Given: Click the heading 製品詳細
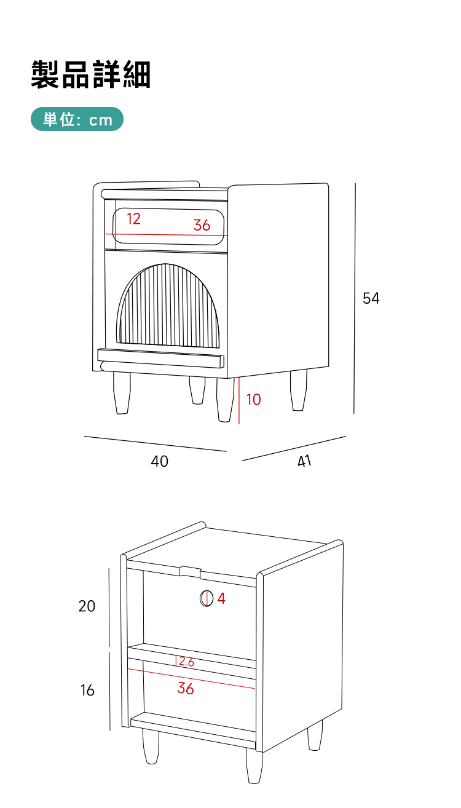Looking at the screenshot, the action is [91, 74].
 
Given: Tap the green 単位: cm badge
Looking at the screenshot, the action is [77, 119].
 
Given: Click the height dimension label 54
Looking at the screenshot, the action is [371, 298].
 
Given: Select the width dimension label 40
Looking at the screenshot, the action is [159, 461].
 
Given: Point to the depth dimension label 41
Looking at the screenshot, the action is [304, 461].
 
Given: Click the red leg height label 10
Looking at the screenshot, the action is [253, 400].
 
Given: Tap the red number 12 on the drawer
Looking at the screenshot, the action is [133, 218].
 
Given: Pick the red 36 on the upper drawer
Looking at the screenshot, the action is [202, 225].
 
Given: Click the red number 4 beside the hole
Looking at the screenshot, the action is [221, 598].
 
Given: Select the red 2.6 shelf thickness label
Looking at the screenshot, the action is [186, 662].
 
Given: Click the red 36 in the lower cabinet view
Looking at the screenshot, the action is [186, 688].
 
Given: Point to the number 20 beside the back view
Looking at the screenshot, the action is [87, 606].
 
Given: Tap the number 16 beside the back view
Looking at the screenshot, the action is [87, 690].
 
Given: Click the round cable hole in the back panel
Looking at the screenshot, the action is [207, 598].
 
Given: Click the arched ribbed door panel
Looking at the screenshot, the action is [168, 306].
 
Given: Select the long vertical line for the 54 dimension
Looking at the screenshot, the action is [355, 298].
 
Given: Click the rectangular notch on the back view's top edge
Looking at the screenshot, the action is [191, 571].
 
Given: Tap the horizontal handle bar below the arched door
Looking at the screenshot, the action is [161, 358].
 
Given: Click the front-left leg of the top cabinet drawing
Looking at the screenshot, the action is [122, 393].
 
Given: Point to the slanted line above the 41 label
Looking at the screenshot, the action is [294, 448].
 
